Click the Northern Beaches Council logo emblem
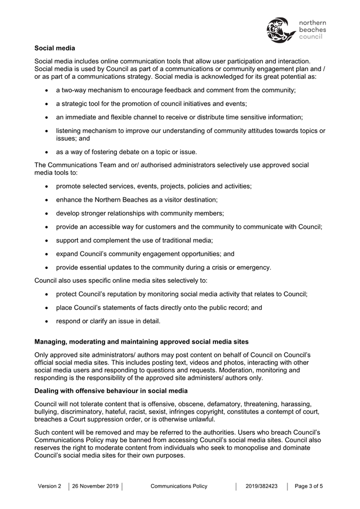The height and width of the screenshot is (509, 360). coord(281,30)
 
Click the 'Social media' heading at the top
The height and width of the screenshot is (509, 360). coord(55,49)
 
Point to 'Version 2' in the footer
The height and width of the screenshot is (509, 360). coord(50,486)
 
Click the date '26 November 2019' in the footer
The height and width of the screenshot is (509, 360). coord(95,486)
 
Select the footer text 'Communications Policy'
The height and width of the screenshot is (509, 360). coord(179,486)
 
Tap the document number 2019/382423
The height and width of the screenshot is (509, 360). coord(261,486)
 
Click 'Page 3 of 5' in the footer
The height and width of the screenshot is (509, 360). coord(309,486)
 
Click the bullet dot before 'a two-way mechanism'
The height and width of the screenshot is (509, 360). coord(48,91)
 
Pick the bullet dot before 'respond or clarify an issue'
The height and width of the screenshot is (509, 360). coord(48,322)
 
